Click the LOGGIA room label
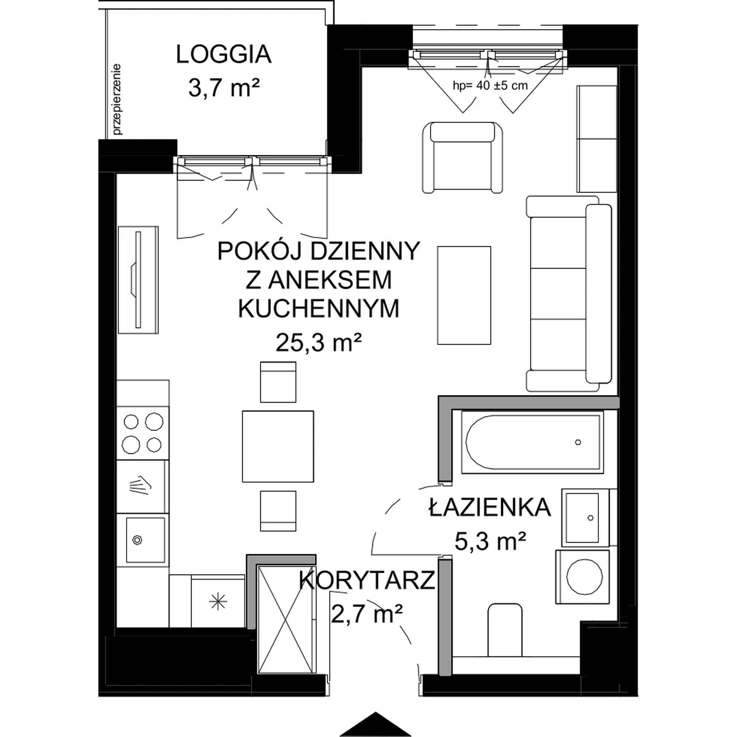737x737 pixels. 224,55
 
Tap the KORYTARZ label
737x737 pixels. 367,580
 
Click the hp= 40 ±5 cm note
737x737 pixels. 490,85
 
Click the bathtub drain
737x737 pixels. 578,442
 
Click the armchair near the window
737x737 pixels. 463,157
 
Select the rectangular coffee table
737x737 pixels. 464,295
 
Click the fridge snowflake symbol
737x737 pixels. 217,602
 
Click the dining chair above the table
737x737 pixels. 278,382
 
